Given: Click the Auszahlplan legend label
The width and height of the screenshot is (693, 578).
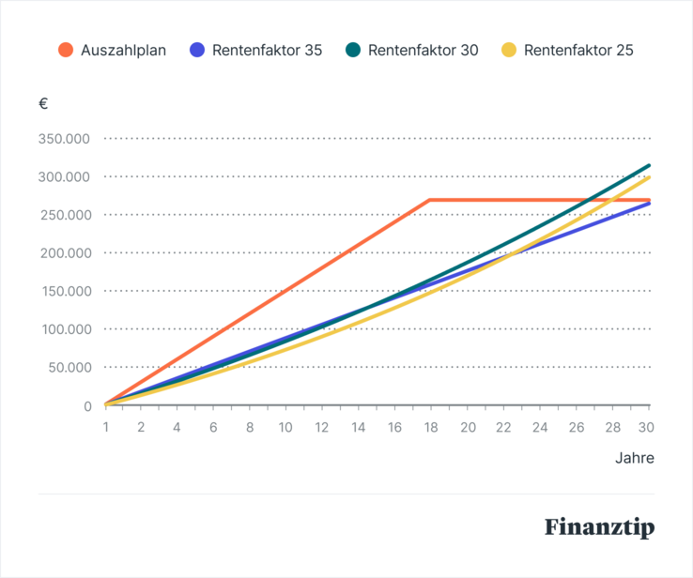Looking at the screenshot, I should [124, 51].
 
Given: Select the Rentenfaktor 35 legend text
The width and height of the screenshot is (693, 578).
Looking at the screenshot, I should [268, 51].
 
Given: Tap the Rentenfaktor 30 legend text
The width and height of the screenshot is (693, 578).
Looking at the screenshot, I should [423, 51].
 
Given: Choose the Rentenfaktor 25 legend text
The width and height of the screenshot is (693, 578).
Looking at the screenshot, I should [579, 51].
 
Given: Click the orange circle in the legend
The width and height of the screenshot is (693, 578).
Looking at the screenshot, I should [66, 51].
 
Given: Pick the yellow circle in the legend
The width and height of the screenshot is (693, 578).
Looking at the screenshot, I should [509, 51].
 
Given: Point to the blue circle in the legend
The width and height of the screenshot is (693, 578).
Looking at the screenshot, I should [197, 51].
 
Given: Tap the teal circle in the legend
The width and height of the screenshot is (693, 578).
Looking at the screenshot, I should [353, 51].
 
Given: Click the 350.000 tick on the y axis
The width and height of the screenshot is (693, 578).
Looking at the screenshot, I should [64, 139].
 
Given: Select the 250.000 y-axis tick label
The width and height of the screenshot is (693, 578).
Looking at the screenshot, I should [64, 215].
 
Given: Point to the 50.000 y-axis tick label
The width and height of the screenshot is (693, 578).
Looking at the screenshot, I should [68, 367].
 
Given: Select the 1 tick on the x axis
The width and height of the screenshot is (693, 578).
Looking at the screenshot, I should [105, 427].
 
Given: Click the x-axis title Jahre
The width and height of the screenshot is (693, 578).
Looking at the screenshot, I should [635, 459].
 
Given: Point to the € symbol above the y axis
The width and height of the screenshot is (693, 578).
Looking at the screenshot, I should [43, 104].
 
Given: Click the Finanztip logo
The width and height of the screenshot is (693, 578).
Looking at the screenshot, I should [599, 527].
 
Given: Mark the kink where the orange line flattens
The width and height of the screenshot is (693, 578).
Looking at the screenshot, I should [429, 200].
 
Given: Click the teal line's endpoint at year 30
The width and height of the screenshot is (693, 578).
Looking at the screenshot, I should [649, 165].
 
